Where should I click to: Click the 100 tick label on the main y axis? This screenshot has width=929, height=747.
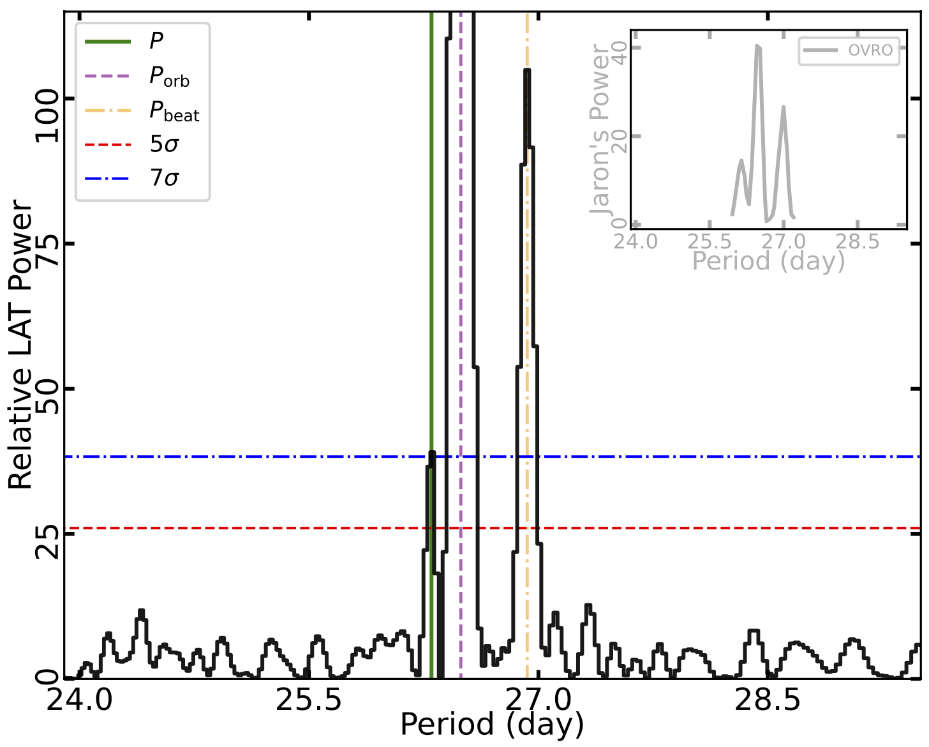[x=47, y=116]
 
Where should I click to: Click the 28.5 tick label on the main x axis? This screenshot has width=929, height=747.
[x=768, y=701]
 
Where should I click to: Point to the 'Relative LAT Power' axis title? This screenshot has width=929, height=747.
[x=20, y=345]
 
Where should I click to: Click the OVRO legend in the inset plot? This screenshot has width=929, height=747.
[x=850, y=50]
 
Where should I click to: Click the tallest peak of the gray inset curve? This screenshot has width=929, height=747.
[x=757, y=46]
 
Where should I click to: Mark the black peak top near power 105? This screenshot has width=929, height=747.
[x=526, y=70]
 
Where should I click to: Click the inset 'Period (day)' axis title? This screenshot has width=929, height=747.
[x=768, y=261]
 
